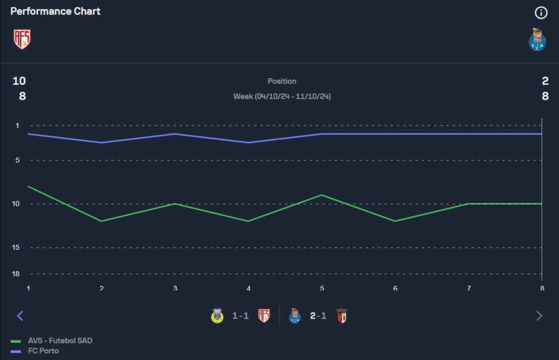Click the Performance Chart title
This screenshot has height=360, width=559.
(55, 11)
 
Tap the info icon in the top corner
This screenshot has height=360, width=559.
(541, 12)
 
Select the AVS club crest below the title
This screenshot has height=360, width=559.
(22, 39)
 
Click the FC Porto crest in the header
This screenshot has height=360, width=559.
(537, 40)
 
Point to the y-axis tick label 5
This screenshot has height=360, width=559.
(17, 160)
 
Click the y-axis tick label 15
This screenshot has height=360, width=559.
(16, 248)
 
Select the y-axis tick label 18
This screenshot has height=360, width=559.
(16, 274)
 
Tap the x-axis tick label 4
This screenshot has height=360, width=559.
(248, 288)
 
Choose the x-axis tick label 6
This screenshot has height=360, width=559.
(395, 288)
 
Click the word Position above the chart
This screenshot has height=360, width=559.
(282, 82)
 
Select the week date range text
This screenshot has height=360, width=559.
(282, 97)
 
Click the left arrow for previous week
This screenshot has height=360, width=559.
(20, 316)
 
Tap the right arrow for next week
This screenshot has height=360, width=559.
(539, 316)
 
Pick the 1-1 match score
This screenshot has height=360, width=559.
(240, 316)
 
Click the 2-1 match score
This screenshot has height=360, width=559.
(318, 316)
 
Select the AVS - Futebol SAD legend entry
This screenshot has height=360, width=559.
(60, 340)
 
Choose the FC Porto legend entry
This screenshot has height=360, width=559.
(43, 350)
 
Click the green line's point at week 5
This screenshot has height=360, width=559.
(321, 195)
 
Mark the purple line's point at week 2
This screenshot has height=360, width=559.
(102, 143)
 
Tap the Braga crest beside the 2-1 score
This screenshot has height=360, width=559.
(341, 316)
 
